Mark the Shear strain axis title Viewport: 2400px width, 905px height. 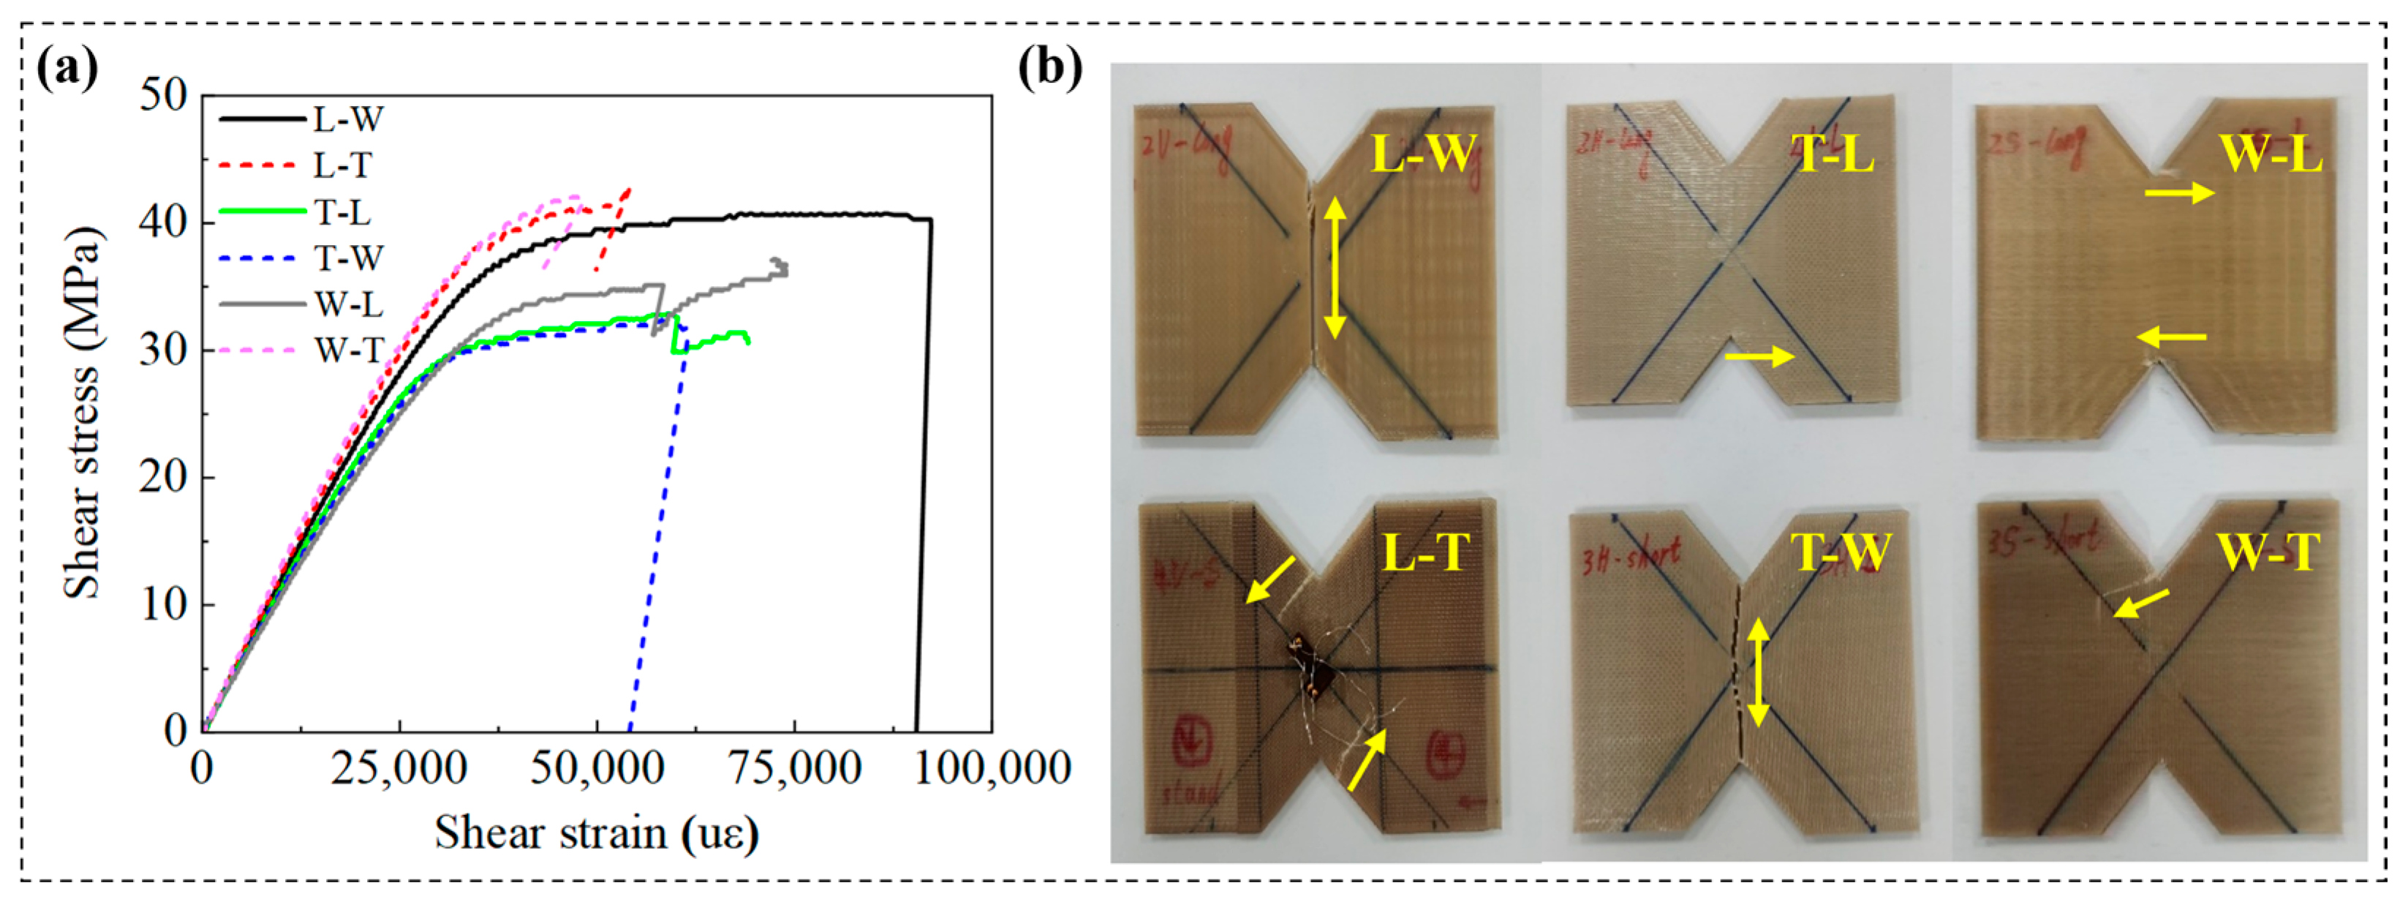596,833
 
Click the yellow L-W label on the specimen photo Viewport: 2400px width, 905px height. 1423,154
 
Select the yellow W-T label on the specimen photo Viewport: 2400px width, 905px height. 2268,552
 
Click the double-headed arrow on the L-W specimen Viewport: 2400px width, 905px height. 1335,269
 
